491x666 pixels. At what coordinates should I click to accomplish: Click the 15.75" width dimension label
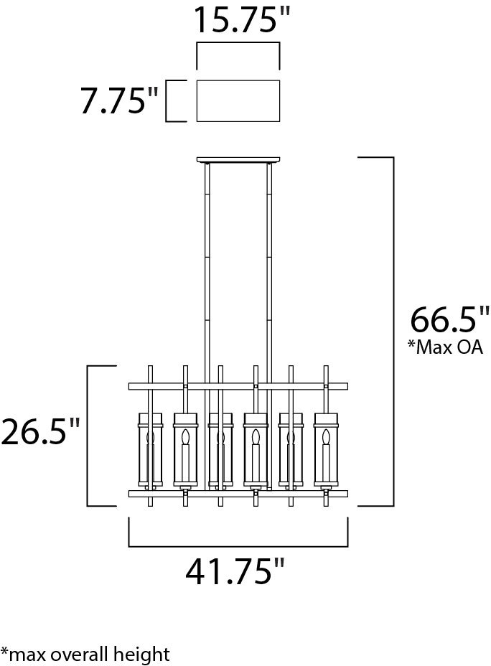click(x=242, y=19)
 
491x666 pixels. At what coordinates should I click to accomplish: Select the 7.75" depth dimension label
click(x=120, y=100)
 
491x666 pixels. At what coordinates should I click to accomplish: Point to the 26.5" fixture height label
click(x=40, y=431)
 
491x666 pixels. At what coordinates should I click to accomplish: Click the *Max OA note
click(x=445, y=347)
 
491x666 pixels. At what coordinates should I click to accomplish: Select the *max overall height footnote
click(x=85, y=654)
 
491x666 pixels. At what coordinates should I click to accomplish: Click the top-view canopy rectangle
click(x=238, y=100)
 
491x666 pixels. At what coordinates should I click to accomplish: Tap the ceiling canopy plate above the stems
click(x=238, y=160)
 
